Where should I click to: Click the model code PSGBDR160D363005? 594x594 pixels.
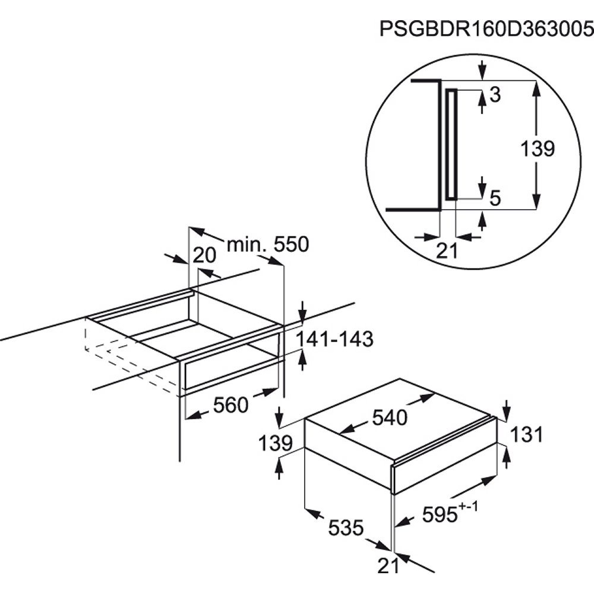tap(487, 29)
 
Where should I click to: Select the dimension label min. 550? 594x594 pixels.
tap(268, 244)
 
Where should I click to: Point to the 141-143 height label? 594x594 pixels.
tap(334, 339)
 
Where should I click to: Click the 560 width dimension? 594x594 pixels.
tap(230, 405)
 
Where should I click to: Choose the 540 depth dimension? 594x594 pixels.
tap(390, 418)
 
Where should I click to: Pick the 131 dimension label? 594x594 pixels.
tap(527, 434)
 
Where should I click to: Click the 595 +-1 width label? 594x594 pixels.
tap(450, 513)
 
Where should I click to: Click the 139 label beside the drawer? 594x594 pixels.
tap(276, 443)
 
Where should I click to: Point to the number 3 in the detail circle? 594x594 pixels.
tap(495, 94)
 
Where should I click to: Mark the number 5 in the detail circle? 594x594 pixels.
tap(495, 198)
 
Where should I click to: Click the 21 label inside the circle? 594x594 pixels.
tap(447, 251)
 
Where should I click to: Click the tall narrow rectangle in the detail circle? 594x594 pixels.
tap(451, 144)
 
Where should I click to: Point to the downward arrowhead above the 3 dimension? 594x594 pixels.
tap(482, 73)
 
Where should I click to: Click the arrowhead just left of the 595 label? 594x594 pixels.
tap(402, 523)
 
